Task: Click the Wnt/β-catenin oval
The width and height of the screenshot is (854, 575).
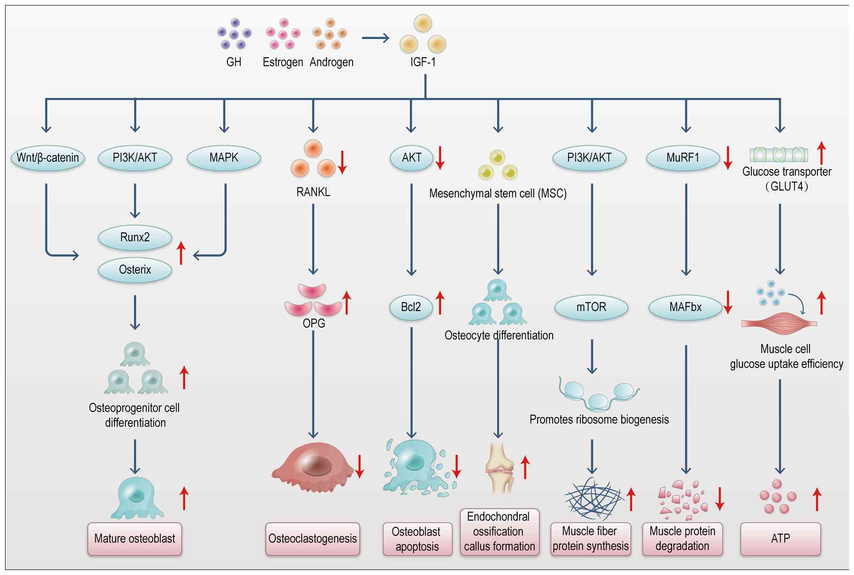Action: pyautogui.click(x=47, y=158)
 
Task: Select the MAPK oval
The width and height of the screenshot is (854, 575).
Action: pyautogui.click(x=224, y=158)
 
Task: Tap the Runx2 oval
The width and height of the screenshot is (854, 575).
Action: pyautogui.click(x=135, y=237)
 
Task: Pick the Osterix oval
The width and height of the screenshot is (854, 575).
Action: pyautogui.click(x=135, y=270)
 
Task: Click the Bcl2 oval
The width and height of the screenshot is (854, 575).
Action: pyautogui.click(x=411, y=307)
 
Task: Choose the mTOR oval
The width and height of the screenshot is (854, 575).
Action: pyautogui.click(x=591, y=307)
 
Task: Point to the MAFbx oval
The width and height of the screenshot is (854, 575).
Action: pyautogui.click(x=685, y=307)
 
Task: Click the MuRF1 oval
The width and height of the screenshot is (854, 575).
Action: pyautogui.click(x=683, y=158)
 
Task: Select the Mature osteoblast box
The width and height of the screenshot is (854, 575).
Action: pyautogui.click(x=134, y=539)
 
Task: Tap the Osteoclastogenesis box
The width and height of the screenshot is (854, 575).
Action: pyautogui.click(x=313, y=539)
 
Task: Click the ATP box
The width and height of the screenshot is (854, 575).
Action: pyautogui.click(x=780, y=539)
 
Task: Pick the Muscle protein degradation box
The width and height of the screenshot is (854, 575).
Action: pyautogui.click(x=683, y=539)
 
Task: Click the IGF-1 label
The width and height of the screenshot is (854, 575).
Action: pyautogui.click(x=423, y=62)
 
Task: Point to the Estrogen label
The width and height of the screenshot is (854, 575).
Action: pyautogui.click(x=283, y=62)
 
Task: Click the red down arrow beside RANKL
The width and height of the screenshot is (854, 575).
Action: pyautogui.click(x=343, y=162)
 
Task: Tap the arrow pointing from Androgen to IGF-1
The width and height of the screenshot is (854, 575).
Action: pyautogui.click(x=375, y=38)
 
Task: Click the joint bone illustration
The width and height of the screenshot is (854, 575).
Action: pyautogui.click(x=499, y=467)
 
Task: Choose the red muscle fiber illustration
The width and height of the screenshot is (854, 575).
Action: pyautogui.click(x=779, y=324)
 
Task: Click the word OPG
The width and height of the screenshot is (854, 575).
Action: pyautogui.click(x=314, y=323)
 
